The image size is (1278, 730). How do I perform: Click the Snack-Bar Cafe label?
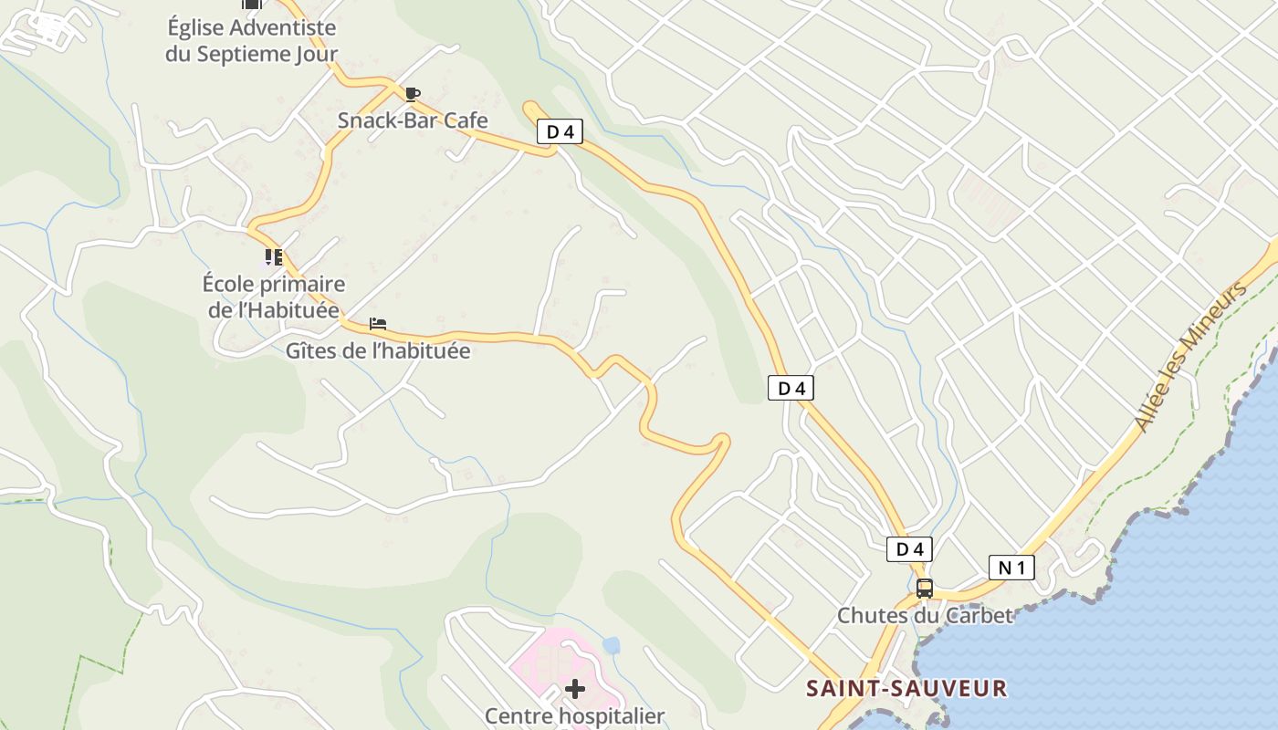click(x=413, y=120)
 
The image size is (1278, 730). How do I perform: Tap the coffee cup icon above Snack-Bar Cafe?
click(x=413, y=93)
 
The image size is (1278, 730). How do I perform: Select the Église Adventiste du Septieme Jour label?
click(x=251, y=41)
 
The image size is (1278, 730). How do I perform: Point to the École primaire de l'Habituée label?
click(x=273, y=297)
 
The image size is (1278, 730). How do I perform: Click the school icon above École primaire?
click(x=273, y=257)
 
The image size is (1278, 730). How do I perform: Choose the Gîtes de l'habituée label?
click(x=378, y=350)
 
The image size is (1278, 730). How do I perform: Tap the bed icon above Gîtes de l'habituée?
click(x=378, y=324)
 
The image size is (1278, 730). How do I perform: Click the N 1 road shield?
click(x=1011, y=568)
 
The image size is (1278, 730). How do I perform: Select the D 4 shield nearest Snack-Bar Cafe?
click(x=560, y=132)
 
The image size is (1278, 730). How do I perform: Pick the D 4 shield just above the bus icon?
click(x=909, y=549)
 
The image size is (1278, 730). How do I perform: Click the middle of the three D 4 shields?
click(x=791, y=388)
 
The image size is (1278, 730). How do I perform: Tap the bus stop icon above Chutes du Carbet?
click(x=925, y=589)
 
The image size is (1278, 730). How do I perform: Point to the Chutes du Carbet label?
click(x=925, y=615)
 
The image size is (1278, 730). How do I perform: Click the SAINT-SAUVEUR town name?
click(x=906, y=688)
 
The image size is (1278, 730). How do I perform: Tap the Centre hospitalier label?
click(x=574, y=715)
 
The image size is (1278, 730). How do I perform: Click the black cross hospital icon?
click(x=574, y=688)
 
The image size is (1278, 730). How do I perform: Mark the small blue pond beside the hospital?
click(x=611, y=646)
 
